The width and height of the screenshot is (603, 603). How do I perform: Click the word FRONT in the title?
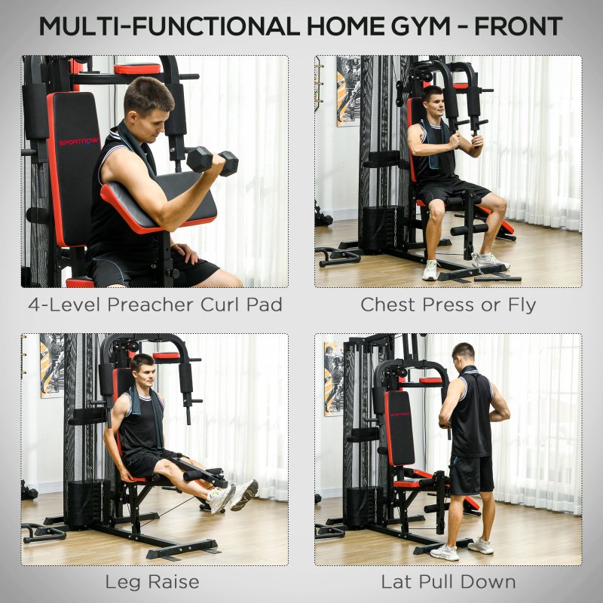click(x=517, y=25)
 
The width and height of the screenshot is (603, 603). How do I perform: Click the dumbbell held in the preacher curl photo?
click(x=212, y=160)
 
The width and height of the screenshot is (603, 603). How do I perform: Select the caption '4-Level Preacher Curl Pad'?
click(x=155, y=305)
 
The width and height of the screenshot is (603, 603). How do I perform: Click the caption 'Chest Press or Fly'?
click(x=448, y=305)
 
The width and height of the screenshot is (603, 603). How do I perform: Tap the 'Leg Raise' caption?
click(x=153, y=582)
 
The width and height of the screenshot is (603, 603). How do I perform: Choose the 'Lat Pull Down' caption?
click(x=448, y=582)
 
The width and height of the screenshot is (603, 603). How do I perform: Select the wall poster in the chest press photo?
click(x=347, y=90)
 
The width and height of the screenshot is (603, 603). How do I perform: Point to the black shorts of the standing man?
click(x=471, y=474)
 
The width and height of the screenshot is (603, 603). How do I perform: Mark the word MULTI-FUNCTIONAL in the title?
click(x=167, y=25)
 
